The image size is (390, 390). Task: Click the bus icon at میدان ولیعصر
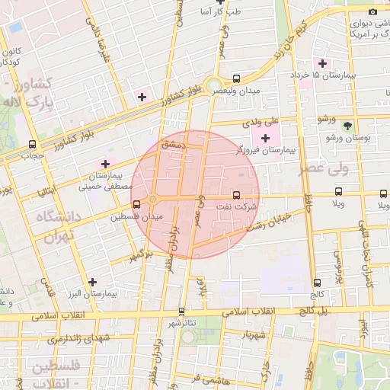point(237,78)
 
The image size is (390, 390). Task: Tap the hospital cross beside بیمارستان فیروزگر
point(265,138)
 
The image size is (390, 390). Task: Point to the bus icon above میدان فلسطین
point(136,204)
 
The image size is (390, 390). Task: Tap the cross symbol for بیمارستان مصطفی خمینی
point(105,164)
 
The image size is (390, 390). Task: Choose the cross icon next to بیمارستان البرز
point(92,281)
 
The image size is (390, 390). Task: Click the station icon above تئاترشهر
point(181,311)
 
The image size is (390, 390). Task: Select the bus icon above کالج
point(318,282)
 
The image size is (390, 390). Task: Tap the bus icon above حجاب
point(32,144)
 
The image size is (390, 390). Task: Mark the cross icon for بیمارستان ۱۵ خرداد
point(322,63)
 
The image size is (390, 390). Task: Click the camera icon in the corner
point(372,11)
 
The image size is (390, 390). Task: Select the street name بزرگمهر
point(139,253)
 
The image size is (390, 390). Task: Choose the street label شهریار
point(251,335)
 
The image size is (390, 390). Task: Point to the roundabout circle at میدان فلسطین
point(152,200)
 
